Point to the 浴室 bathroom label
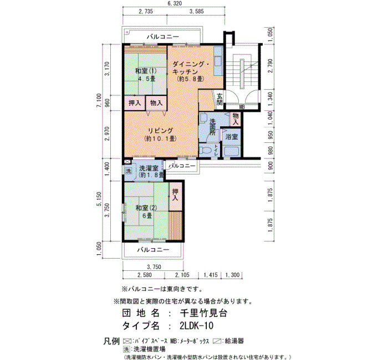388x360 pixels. coord(232,137)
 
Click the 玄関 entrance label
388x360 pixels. coord(219,99)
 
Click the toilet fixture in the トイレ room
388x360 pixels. coord(205,151)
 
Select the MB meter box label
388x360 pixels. coord(242,107)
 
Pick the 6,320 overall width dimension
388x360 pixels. coord(175,3)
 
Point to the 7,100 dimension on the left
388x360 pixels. coord(99,100)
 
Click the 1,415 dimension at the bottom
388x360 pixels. coord(211,275)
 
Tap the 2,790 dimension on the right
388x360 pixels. coord(270,66)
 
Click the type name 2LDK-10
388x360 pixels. coord(196,326)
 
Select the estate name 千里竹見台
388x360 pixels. coord(203,313)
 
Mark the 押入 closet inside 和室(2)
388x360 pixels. coord(176,195)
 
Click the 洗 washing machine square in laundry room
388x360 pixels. coord(128,171)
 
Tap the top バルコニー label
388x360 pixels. coord(162,37)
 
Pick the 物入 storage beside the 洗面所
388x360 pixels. coord(236,119)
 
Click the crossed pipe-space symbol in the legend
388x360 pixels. coord(127,342)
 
